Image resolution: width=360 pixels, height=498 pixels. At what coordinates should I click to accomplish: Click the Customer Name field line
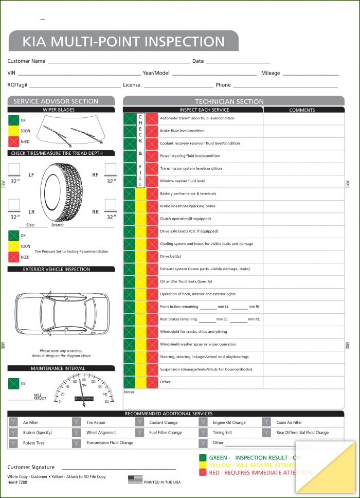(x=118, y=61)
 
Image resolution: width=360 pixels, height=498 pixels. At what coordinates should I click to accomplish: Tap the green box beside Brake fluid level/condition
(x=129, y=131)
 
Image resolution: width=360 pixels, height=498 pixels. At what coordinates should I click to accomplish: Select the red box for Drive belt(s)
(x=152, y=257)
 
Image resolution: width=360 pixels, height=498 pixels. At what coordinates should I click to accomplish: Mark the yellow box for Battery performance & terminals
(x=140, y=194)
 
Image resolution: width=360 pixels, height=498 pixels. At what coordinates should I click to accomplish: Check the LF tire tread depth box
(x=14, y=169)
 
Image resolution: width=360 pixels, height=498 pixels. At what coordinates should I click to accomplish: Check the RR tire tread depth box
(x=110, y=205)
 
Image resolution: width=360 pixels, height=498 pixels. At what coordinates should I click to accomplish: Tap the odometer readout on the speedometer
(x=84, y=398)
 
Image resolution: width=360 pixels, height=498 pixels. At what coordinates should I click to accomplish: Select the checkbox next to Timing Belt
(x=203, y=433)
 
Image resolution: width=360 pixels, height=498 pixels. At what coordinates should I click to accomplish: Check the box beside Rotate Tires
(x=13, y=443)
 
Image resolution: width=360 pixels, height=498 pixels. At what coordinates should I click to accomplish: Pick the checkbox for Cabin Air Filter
(x=266, y=422)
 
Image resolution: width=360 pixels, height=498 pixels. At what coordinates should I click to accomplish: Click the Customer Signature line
(x=119, y=468)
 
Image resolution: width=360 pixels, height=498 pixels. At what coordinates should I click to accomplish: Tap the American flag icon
(x=135, y=479)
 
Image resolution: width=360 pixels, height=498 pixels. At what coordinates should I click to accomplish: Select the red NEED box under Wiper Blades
(x=13, y=141)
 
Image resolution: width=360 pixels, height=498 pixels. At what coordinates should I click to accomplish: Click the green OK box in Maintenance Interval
(x=13, y=384)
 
